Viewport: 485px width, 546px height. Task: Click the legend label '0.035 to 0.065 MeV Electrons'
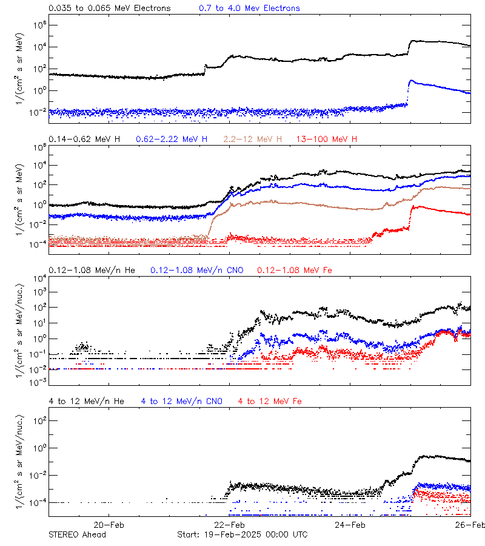[109, 8]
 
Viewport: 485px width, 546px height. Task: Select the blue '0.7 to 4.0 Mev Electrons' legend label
[249, 8]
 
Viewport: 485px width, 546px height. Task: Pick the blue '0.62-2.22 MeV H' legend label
[172, 139]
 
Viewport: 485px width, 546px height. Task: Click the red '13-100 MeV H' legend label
[327, 139]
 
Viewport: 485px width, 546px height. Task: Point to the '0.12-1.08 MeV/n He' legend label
[92, 270]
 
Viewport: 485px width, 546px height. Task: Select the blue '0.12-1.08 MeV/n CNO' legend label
[196, 270]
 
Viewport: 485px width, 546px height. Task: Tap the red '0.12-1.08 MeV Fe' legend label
[295, 270]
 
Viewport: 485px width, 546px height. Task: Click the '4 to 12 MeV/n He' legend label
[87, 401]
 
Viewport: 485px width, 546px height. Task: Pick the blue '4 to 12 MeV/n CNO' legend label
[182, 401]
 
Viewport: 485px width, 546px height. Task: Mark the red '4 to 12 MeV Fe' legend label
[270, 401]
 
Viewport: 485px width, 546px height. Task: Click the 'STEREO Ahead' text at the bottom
[77, 534]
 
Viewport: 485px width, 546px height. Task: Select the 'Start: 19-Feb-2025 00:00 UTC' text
[242, 534]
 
